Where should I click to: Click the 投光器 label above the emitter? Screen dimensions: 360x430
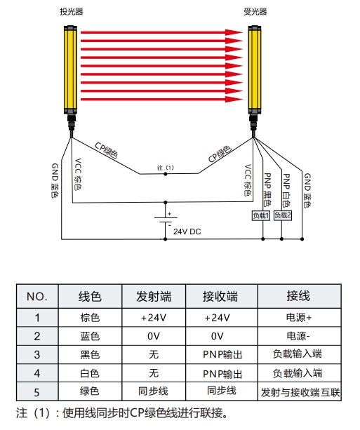[x=72, y=11]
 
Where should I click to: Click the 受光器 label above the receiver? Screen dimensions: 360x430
[x=255, y=11]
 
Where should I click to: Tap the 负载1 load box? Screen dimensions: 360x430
[x=260, y=215]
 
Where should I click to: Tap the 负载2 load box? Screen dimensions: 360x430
[x=283, y=215]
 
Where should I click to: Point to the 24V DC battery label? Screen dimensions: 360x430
[x=187, y=231]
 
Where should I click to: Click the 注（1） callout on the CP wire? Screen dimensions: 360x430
[x=166, y=168]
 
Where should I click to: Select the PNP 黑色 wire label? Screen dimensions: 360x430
[x=267, y=189]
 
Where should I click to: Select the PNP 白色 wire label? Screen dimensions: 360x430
[x=286, y=190]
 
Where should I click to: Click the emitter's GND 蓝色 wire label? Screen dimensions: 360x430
[x=55, y=180]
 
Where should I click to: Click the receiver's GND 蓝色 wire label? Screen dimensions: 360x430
[x=307, y=190]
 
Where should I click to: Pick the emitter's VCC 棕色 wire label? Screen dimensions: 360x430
[x=78, y=175]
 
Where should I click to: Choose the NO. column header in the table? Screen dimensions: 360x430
[x=37, y=297]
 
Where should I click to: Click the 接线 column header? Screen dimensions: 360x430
[x=298, y=296]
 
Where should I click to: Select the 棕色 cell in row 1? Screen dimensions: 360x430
[x=90, y=318]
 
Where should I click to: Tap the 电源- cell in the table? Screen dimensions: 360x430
[x=298, y=336]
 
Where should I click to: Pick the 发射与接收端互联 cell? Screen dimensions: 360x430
[x=300, y=392]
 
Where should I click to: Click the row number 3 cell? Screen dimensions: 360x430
[x=37, y=355]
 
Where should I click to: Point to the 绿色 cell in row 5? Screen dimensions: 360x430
[x=90, y=391]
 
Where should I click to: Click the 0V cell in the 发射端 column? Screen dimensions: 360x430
[x=154, y=336]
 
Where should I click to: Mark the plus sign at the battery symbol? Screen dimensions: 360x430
[x=170, y=214]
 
